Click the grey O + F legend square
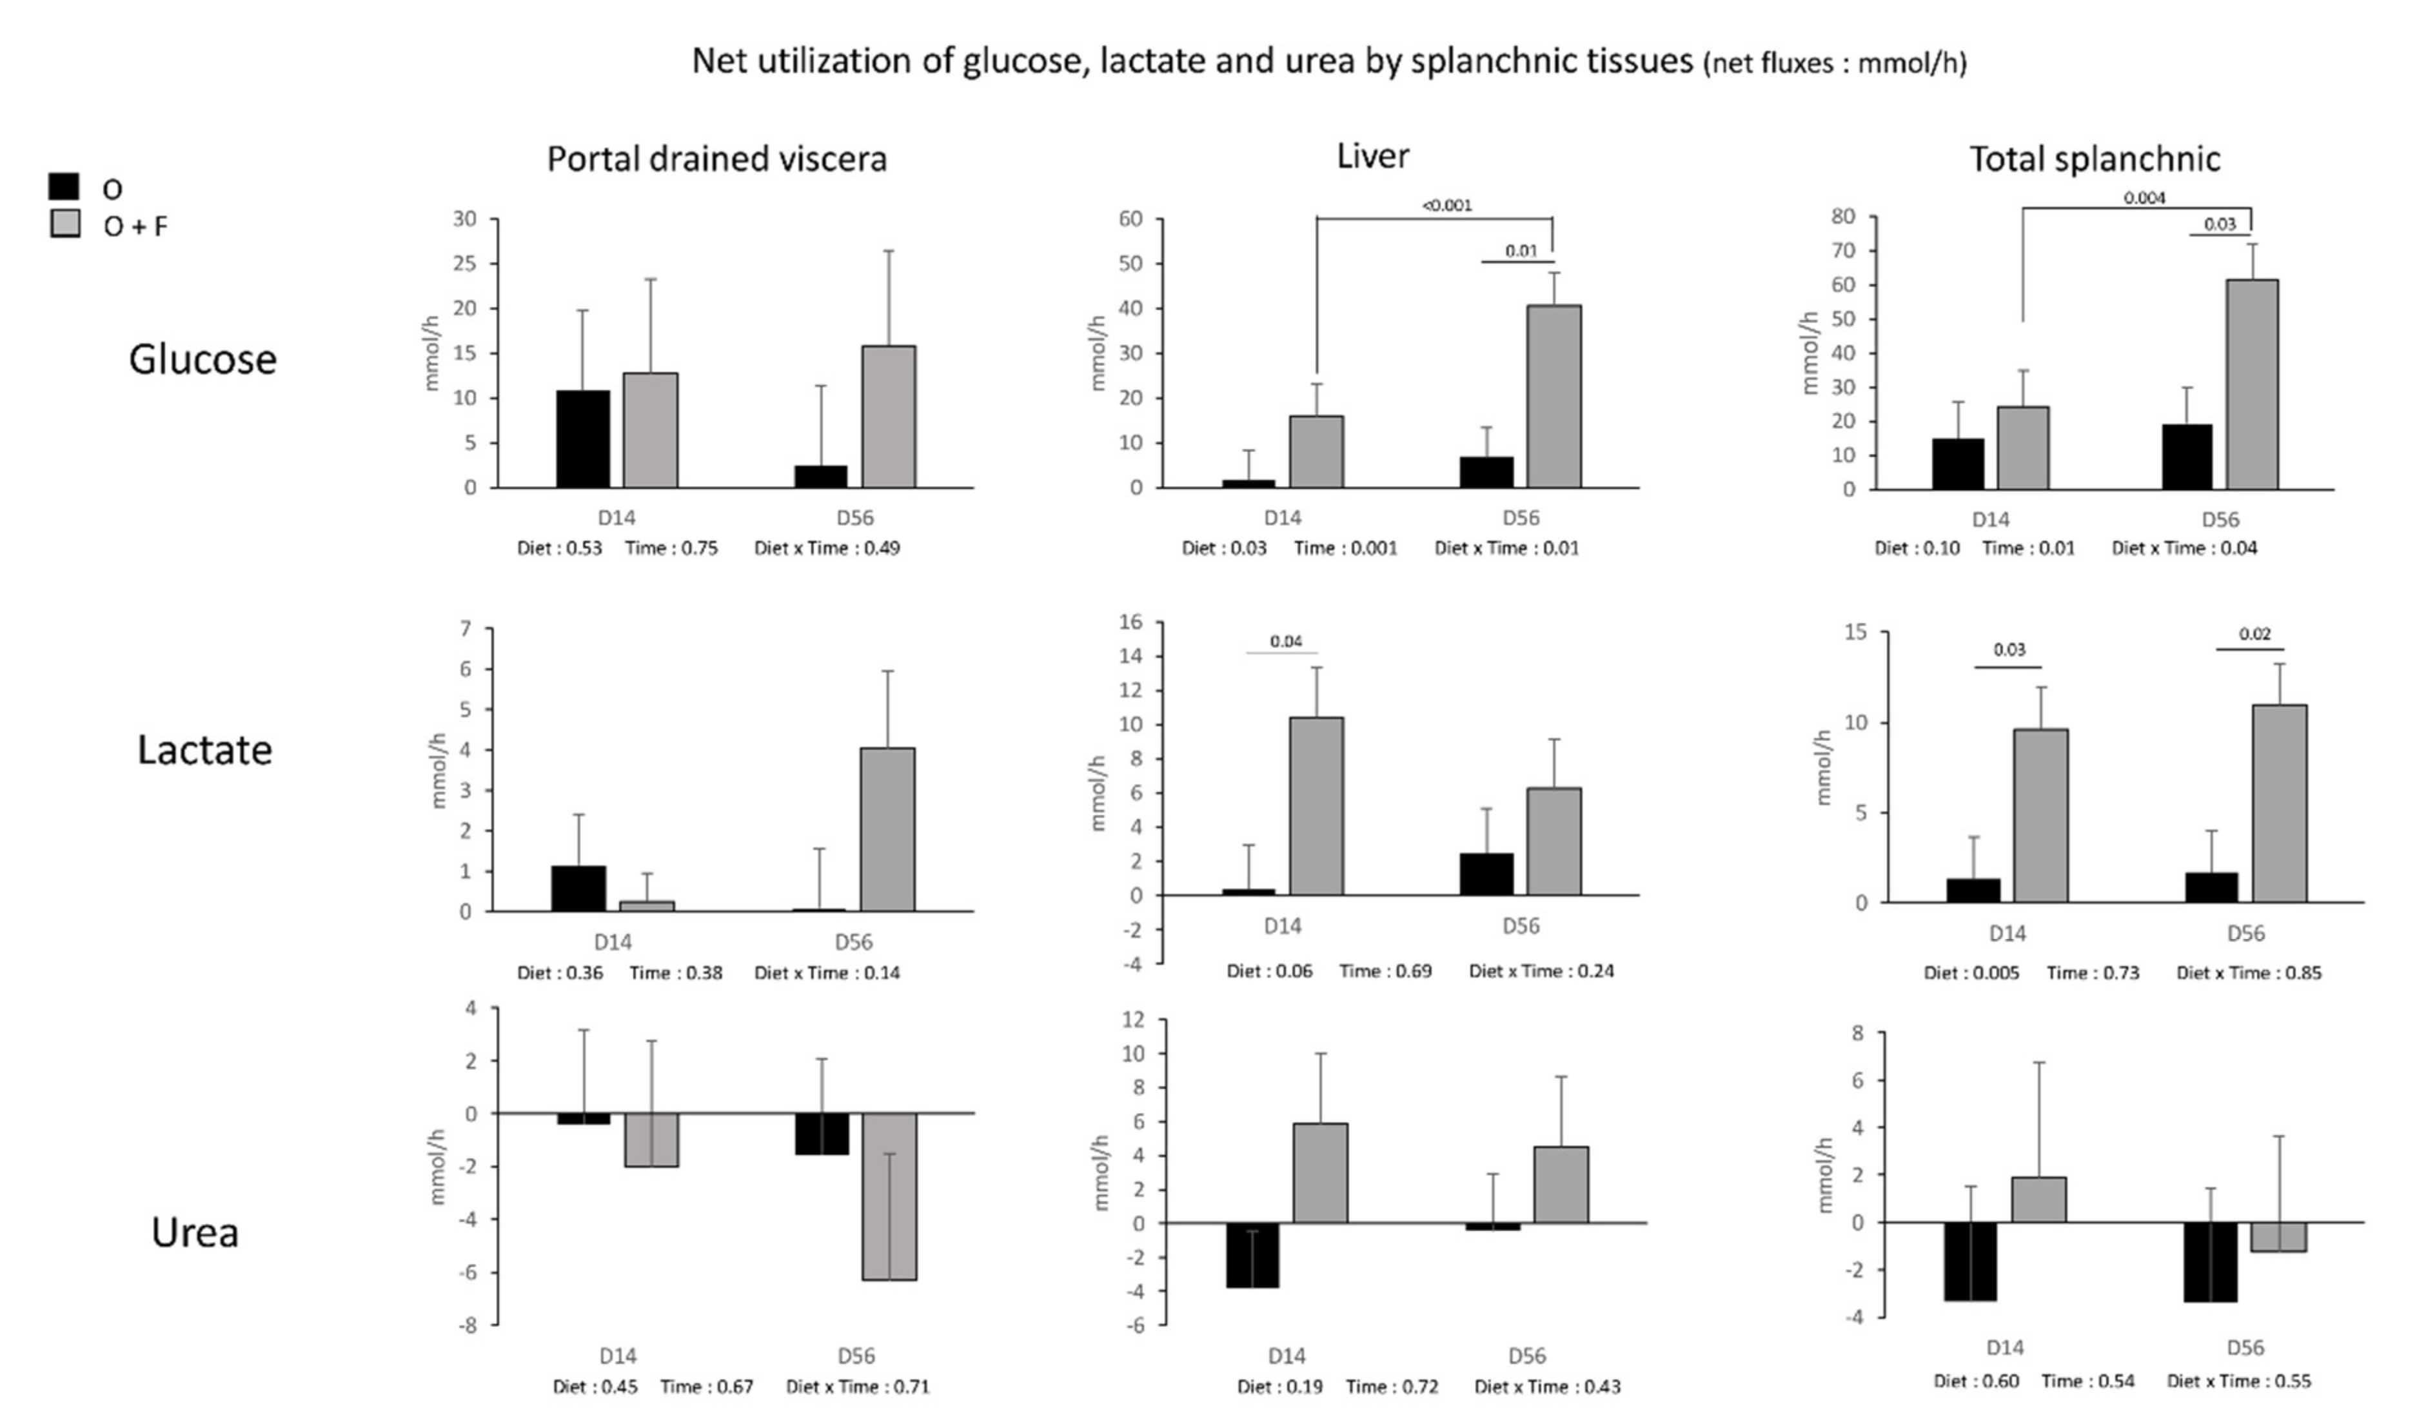[64, 224]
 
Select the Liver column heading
[1372, 156]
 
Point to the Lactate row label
[204, 750]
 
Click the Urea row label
[195, 1233]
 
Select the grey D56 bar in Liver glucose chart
[1554, 396]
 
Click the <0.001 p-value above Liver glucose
[1446, 205]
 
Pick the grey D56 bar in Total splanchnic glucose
[2251, 384]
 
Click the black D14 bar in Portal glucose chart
[582, 439]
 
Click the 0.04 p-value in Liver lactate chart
[1285, 642]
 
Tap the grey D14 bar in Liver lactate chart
[1316, 805]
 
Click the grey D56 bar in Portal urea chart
[889, 1196]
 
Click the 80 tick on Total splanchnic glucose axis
[1842, 217]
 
